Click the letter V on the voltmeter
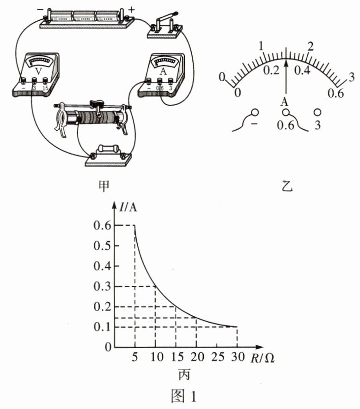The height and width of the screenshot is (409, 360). [39, 71]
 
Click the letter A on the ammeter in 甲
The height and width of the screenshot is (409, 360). [163, 71]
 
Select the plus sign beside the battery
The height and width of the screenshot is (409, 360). [132, 10]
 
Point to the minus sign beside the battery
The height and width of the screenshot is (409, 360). [40, 10]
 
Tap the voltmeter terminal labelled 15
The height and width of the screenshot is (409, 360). [45, 80]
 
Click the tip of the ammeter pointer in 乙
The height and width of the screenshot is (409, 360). [287, 60]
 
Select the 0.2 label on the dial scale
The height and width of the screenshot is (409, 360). [271, 70]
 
